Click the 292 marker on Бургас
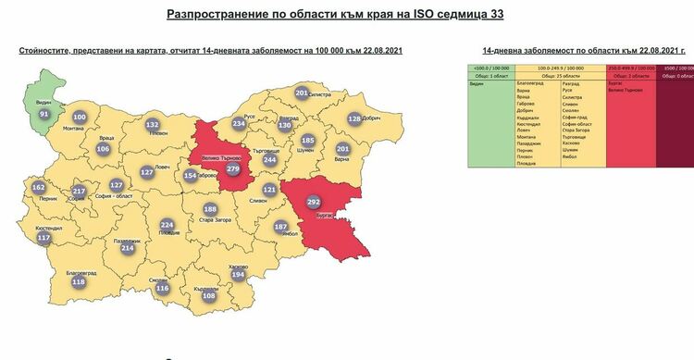click(x=313, y=201)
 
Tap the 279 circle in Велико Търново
click(x=233, y=170)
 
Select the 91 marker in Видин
click(x=43, y=114)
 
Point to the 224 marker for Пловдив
click(x=167, y=225)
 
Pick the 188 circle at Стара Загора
click(x=210, y=209)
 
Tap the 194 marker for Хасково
click(x=238, y=275)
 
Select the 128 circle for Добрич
click(x=354, y=118)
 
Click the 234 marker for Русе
click(x=239, y=123)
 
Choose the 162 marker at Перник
click(x=38, y=188)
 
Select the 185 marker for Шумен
click(x=308, y=141)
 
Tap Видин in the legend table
click(x=477, y=82)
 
